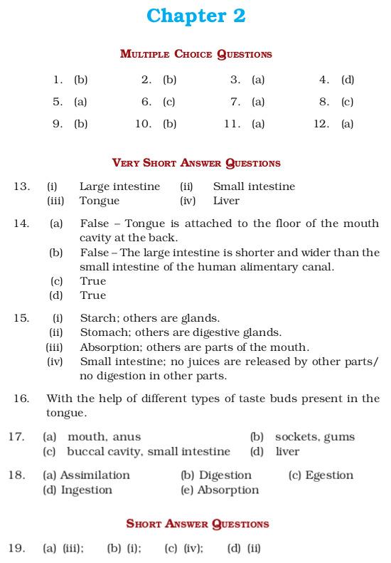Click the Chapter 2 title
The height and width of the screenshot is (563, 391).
click(x=195, y=16)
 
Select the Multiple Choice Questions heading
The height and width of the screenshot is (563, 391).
click(x=195, y=53)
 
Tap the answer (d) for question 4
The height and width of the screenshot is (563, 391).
click(x=348, y=80)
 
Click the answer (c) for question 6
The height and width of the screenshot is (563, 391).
click(x=169, y=102)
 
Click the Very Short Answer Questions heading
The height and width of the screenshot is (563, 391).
click(x=195, y=163)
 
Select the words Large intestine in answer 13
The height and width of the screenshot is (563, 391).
click(x=119, y=186)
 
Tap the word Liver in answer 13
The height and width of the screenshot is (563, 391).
click(x=226, y=201)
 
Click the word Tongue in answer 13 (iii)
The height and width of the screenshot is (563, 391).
click(x=99, y=201)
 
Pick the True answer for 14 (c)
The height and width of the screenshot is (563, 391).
click(x=92, y=281)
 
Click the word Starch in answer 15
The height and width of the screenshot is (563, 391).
click(x=97, y=318)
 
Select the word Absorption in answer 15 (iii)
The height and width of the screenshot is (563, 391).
click(x=110, y=347)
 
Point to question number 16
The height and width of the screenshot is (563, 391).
click(x=21, y=399)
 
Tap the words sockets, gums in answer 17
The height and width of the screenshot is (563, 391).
click(x=315, y=437)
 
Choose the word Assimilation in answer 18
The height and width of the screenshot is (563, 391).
click(x=95, y=475)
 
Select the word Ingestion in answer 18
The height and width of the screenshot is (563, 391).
click(x=87, y=490)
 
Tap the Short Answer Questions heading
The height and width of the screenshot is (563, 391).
click(x=197, y=524)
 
